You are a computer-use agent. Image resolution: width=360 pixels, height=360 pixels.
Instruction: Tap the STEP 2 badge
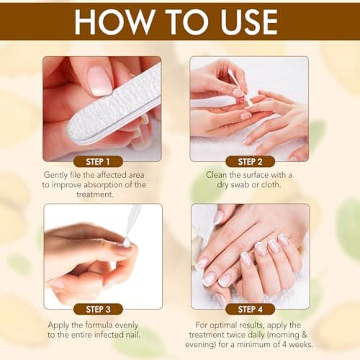point(249,161)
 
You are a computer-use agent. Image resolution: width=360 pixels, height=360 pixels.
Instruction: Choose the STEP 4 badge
point(249,309)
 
